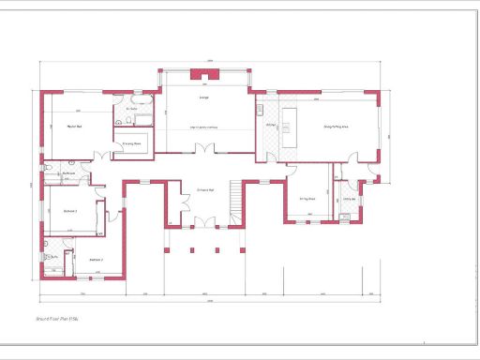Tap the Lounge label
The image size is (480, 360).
point(203,97)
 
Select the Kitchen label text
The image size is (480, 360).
point(270,125)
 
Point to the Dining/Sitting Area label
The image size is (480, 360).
point(336,126)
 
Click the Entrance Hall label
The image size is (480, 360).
point(205,189)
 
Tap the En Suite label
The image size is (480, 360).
point(132,110)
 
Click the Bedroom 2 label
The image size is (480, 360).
point(96,259)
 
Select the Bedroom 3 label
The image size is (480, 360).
point(69,212)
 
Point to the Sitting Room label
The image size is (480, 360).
point(307,199)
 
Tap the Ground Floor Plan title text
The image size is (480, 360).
point(57,320)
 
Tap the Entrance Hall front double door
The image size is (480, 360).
point(203,223)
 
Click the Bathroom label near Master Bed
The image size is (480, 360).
point(68,173)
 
